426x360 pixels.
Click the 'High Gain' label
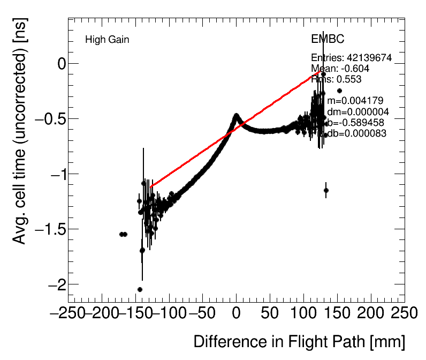(x=107, y=40)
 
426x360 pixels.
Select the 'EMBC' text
(x=328, y=40)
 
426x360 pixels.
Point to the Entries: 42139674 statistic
(x=351, y=58)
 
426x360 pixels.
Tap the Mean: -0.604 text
(x=340, y=69)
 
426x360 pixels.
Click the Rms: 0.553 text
(x=336, y=79)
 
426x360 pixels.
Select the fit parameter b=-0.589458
(x=353, y=123)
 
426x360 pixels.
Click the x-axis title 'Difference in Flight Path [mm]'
(x=299, y=342)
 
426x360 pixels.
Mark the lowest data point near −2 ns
(x=140, y=289)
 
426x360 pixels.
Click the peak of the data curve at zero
(x=236, y=115)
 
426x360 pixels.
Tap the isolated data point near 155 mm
(x=339, y=91)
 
